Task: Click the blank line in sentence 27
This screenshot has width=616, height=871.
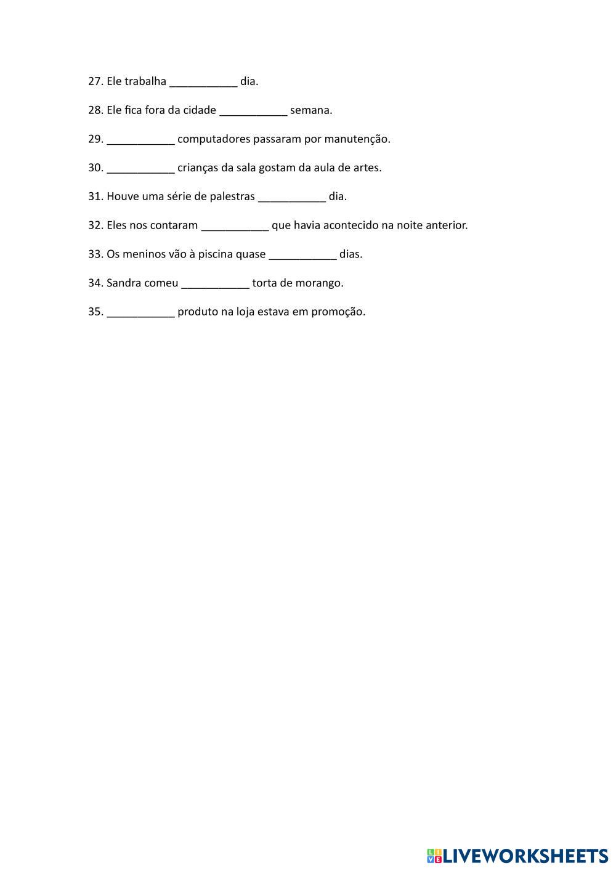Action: [203, 83]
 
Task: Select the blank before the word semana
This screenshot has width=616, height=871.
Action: [253, 112]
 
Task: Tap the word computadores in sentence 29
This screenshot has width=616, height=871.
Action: [208, 139]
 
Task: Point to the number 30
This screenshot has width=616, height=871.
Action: [95, 168]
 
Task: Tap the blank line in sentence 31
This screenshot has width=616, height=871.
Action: [292, 198]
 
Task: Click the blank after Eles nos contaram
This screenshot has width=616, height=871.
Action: [235, 227]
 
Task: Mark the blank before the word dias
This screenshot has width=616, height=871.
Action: [303, 256]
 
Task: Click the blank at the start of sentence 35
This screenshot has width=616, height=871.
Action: [141, 314]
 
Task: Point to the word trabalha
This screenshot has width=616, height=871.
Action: [145, 81]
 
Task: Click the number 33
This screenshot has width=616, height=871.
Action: [95, 254]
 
